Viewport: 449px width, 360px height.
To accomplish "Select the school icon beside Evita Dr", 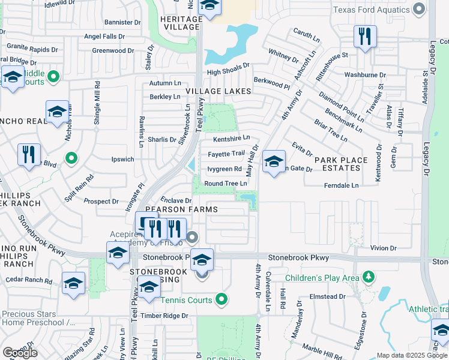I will coord(273,162).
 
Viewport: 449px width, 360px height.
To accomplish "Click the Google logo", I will coord(20,352).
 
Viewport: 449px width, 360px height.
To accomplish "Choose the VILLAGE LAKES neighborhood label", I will coord(217,91).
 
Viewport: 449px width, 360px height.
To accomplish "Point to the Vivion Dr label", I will coord(384,248).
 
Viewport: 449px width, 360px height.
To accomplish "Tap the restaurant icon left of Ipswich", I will coord(29,156).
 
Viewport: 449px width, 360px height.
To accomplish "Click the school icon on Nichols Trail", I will coord(57,112).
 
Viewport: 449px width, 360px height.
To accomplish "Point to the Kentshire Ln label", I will coord(231,138).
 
